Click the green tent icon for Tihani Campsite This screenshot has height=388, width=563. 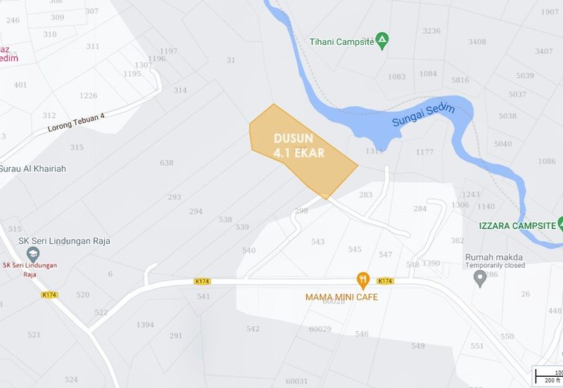point(381,41)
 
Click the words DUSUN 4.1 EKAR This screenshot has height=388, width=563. point(298,145)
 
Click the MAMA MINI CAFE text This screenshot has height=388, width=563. point(341,297)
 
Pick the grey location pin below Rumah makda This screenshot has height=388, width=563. point(481,279)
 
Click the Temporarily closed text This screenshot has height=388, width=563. point(495,265)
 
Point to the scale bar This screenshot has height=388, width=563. point(548,376)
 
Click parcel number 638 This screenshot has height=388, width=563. point(167,163)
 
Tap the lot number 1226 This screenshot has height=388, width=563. point(88,96)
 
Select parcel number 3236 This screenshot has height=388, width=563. point(431,31)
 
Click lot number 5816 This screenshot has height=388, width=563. point(460,80)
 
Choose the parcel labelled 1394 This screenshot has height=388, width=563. point(145,325)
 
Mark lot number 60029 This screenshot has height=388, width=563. point(320,329)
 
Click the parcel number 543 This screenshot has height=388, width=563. point(318,242)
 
